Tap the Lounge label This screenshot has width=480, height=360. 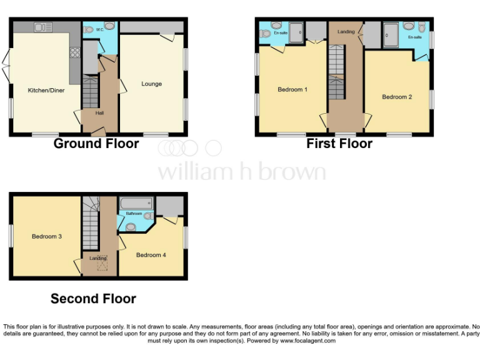(151, 84)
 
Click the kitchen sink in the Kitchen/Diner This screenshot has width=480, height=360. (44, 27)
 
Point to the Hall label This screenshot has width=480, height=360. (99, 113)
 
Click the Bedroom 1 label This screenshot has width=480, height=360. (292, 89)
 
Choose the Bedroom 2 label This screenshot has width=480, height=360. (397, 97)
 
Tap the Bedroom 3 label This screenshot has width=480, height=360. (46, 236)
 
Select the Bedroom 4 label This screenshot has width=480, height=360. (151, 254)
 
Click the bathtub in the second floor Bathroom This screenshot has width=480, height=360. (136, 203)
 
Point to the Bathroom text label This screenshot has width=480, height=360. (134, 214)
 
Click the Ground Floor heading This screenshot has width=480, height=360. (96, 144)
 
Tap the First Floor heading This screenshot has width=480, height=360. (339, 144)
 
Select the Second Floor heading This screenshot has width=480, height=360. (93, 299)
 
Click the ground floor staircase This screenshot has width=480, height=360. (91, 93)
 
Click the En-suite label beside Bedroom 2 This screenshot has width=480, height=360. (414, 37)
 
